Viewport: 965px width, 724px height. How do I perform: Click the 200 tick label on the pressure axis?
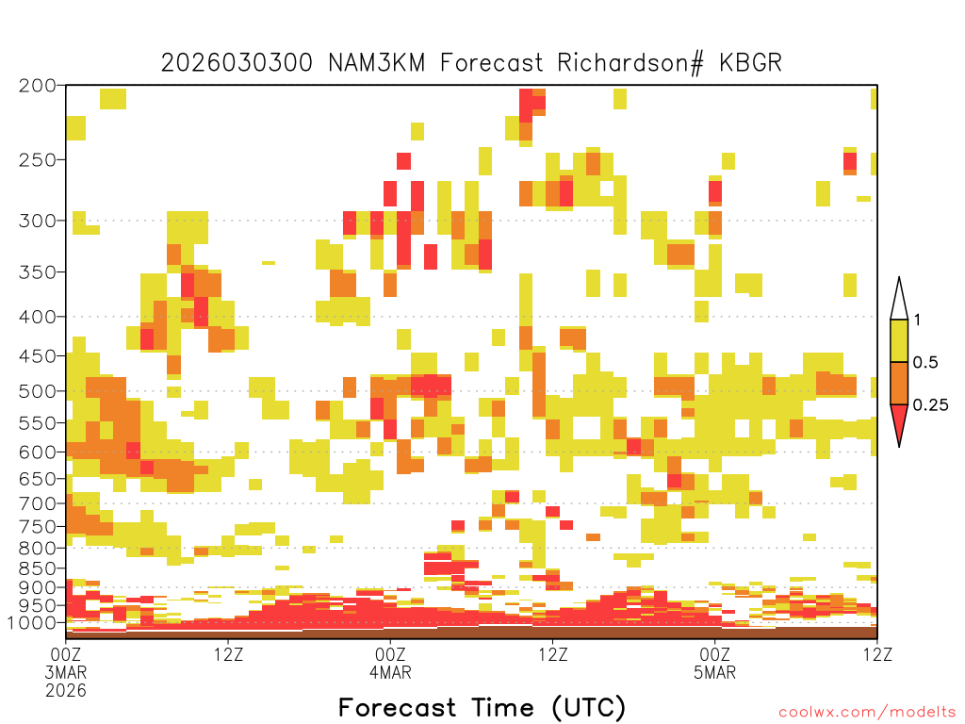click(37, 86)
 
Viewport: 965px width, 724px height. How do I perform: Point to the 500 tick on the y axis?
click(37, 391)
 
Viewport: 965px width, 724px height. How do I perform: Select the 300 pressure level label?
click(37, 221)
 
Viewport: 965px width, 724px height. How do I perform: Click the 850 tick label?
click(37, 568)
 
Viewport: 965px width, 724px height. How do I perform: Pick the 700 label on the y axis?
click(37, 503)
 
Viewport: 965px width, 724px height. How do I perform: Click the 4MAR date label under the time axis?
click(390, 672)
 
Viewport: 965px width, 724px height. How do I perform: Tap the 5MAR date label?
click(714, 672)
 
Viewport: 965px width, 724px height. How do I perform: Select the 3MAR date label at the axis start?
click(66, 672)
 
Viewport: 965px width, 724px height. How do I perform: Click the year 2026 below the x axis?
click(66, 691)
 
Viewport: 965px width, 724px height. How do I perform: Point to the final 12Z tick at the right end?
click(877, 654)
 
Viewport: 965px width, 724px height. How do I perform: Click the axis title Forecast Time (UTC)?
click(482, 708)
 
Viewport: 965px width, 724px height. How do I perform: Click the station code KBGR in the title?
click(750, 63)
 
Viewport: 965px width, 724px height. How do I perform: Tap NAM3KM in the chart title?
click(377, 63)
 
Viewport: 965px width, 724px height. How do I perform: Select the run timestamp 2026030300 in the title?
click(237, 63)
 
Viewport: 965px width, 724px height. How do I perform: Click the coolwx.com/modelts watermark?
click(868, 713)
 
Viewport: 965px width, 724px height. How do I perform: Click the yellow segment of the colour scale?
click(899, 340)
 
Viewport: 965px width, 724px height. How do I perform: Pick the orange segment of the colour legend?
click(899, 383)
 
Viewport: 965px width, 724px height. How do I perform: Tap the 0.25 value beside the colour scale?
click(930, 405)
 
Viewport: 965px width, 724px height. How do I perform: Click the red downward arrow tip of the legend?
click(899, 445)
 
